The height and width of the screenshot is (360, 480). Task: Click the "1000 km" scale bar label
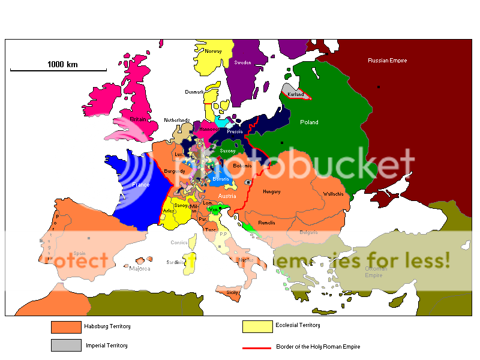click(63, 64)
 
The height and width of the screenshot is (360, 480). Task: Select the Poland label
click(309, 122)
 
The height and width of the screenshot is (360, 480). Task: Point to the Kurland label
click(296, 95)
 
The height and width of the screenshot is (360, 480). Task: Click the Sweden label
click(242, 62)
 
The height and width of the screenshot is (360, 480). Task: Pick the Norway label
click(213, 51)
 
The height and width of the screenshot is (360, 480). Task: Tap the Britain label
click(139, 119)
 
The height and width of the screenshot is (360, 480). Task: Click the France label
click(140, 185)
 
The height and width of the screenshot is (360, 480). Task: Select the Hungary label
click(272, 191)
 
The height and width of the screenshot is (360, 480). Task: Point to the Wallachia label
click(333, 194)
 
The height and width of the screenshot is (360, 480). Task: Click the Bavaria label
click(220, 179)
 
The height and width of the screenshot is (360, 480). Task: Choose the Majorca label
click(140, 269)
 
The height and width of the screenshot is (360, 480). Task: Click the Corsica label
click(179, 242)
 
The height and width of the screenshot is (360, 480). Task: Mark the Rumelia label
click(266, 223)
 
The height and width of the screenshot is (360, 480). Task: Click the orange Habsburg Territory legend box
click(65, 327)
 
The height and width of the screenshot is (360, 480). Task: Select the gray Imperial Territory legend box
click(65, 345)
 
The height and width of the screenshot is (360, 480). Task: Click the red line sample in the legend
click(257, 347)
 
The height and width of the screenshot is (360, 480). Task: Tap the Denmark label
click(194, 92)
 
